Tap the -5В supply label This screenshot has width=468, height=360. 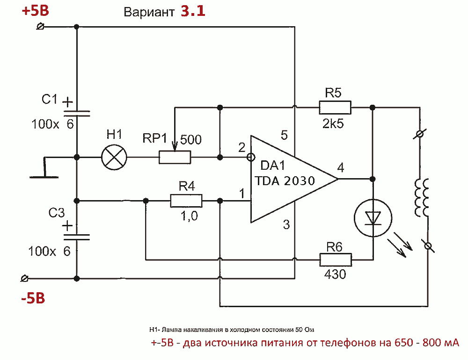(32, 298)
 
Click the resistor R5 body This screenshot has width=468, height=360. (335, 108)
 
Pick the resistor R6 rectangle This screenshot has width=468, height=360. (335, 259)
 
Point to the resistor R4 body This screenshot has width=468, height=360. (186, 201)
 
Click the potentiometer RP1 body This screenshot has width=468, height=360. (175, 157)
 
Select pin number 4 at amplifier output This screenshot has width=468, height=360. (340, 167)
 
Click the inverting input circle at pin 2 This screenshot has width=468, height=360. (250, 157)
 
